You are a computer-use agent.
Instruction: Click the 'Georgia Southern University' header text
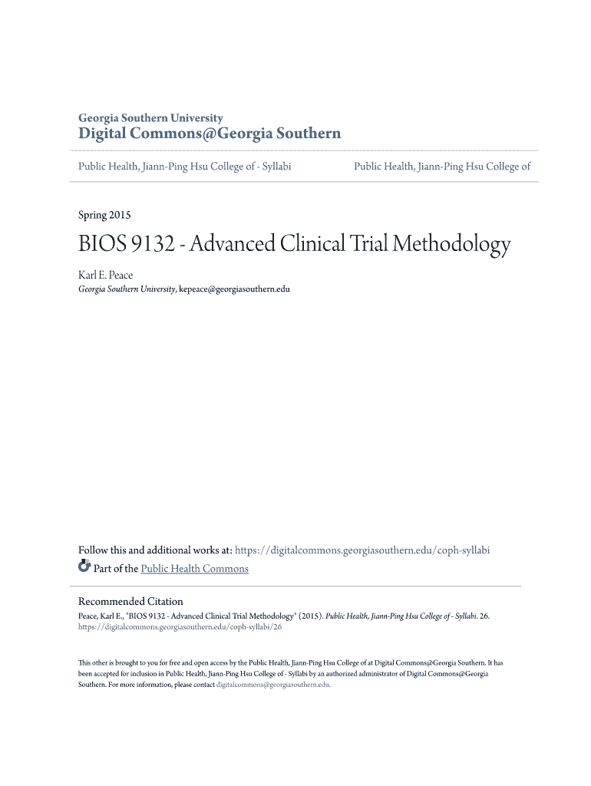[150, 118]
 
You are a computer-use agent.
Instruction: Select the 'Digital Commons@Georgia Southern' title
[210, 134]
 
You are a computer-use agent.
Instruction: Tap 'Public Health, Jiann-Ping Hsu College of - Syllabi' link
[185, 166]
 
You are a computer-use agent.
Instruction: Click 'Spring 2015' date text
[104, 215]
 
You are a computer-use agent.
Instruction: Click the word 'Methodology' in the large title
[451, 245]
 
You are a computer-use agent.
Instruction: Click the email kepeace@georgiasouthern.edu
[234, 289]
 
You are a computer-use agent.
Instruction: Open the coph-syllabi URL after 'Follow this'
[362, 550]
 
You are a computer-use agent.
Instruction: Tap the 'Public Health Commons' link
[195, 569]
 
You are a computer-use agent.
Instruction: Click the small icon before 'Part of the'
[84, 568]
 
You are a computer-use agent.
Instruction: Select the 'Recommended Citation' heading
[130, 601]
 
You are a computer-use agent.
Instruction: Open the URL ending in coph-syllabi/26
[180, 627]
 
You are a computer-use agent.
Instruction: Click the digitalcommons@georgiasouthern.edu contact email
[273, 685]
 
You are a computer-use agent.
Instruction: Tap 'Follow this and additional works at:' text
[155, 550]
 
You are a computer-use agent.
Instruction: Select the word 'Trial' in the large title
[367, 245]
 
